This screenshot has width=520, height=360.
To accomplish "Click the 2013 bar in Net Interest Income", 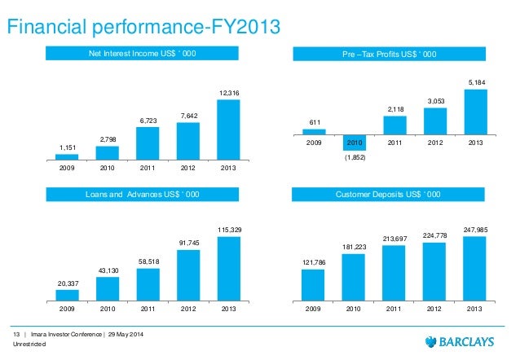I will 228,130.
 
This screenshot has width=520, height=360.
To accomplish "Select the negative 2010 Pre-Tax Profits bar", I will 355,142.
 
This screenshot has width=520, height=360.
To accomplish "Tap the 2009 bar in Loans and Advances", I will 67,296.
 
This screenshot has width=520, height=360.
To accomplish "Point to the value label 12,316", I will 228,94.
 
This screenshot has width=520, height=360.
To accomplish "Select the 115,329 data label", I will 228,230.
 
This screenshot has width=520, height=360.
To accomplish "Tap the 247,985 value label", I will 474,230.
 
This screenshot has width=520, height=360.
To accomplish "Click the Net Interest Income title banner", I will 142,55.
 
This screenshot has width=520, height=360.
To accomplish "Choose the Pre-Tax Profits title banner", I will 388,55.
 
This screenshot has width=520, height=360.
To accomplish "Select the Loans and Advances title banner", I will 142,195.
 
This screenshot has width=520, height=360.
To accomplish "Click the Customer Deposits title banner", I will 388,195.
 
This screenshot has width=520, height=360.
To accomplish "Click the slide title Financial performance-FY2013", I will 143,28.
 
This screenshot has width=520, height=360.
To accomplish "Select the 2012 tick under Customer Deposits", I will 434,310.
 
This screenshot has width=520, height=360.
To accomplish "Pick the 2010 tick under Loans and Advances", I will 107,310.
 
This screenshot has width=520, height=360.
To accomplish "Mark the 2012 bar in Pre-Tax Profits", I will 434,121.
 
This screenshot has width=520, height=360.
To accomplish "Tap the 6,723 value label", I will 148,121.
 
